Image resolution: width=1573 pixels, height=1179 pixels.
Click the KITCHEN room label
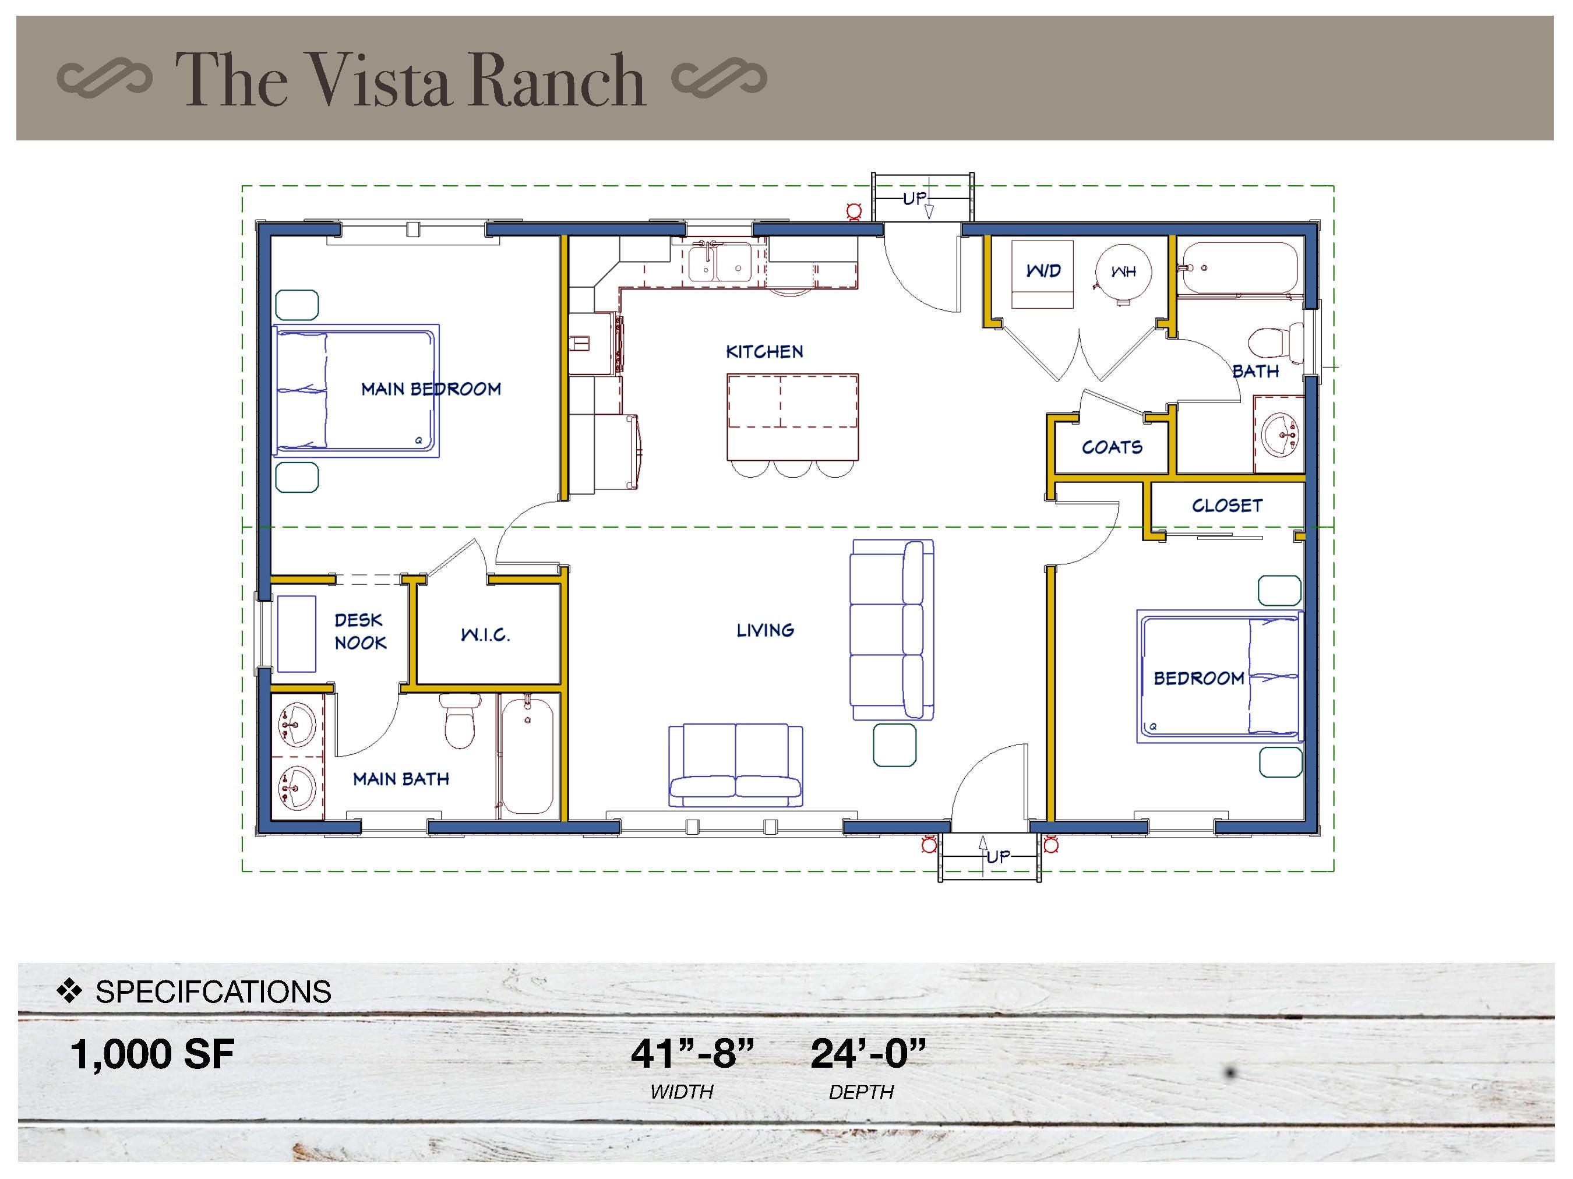(x=764, y=351)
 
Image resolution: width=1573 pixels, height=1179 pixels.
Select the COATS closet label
(x=1112, y=447)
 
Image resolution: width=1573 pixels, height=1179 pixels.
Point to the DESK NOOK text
(x=360, y=631)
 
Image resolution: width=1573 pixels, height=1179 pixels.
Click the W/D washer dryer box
(x=1042, y=273)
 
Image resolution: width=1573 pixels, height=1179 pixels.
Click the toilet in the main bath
(x=460, y=721)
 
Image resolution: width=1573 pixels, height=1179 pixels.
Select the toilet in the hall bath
(x=1271, y=343)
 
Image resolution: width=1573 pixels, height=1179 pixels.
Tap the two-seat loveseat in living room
(x=735, y=766)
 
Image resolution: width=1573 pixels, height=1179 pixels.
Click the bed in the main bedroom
(x=355, y=390)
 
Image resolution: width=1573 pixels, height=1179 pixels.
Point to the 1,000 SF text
(x=152, y=1054)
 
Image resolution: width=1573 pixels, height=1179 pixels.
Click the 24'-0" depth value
(x=867, y=1054)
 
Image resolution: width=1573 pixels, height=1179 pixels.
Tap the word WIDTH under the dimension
(x=681, y=1092)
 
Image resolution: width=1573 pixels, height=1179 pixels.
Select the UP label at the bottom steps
(x=998, y=857)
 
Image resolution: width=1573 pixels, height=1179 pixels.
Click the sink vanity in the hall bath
(x=1279, y=434)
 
